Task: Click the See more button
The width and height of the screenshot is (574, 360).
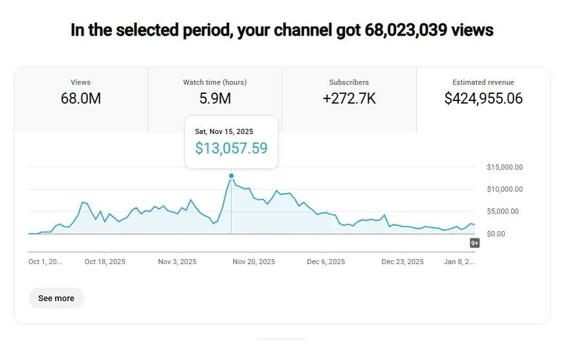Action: pyautogui.click(x=56, y=298)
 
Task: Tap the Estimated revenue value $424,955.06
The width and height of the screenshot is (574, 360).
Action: pyautogui.click(x=483, y=98)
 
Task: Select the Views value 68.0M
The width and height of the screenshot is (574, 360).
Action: pyautogui.click(x=81, y=98)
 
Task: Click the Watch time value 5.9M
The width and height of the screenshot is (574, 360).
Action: pyautogui.click(x=215, y=98)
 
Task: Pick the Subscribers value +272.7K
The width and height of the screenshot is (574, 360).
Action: pyautogui.click(x=349, y=98)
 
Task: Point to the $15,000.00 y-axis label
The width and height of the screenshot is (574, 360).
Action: pyautogui.click(x=505, y=167)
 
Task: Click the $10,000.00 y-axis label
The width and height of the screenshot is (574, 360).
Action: pyautogui.click(x=505, y=189)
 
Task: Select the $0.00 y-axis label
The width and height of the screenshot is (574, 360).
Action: pyautogui.click(x=496, y=234)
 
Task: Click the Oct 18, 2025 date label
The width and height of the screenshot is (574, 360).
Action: pyautogui.click(x=105, y=262)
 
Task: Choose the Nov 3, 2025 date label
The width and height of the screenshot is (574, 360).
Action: pyautogui.click(x=177, y=262)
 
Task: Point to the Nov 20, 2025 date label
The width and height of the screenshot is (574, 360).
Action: pyautogui.click(x=254, y=262)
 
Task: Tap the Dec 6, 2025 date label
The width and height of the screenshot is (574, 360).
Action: pyautogui.click(x=326, y=262)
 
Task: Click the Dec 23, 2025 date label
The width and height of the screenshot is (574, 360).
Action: pyautogui.click(x=403, y=262)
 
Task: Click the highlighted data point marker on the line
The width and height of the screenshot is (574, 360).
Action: pyautogui.click(x=231, y=175)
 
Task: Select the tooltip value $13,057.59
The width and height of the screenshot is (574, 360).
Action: pyautogui.click(x=231, y=148)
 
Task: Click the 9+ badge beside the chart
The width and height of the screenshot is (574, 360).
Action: pyautogui.click(x=474, y=243)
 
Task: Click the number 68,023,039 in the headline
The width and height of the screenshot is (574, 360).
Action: pyautogui.click(x=406, y=30)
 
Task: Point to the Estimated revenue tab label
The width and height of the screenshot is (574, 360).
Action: pyautogui.click(x=483, y=82)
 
